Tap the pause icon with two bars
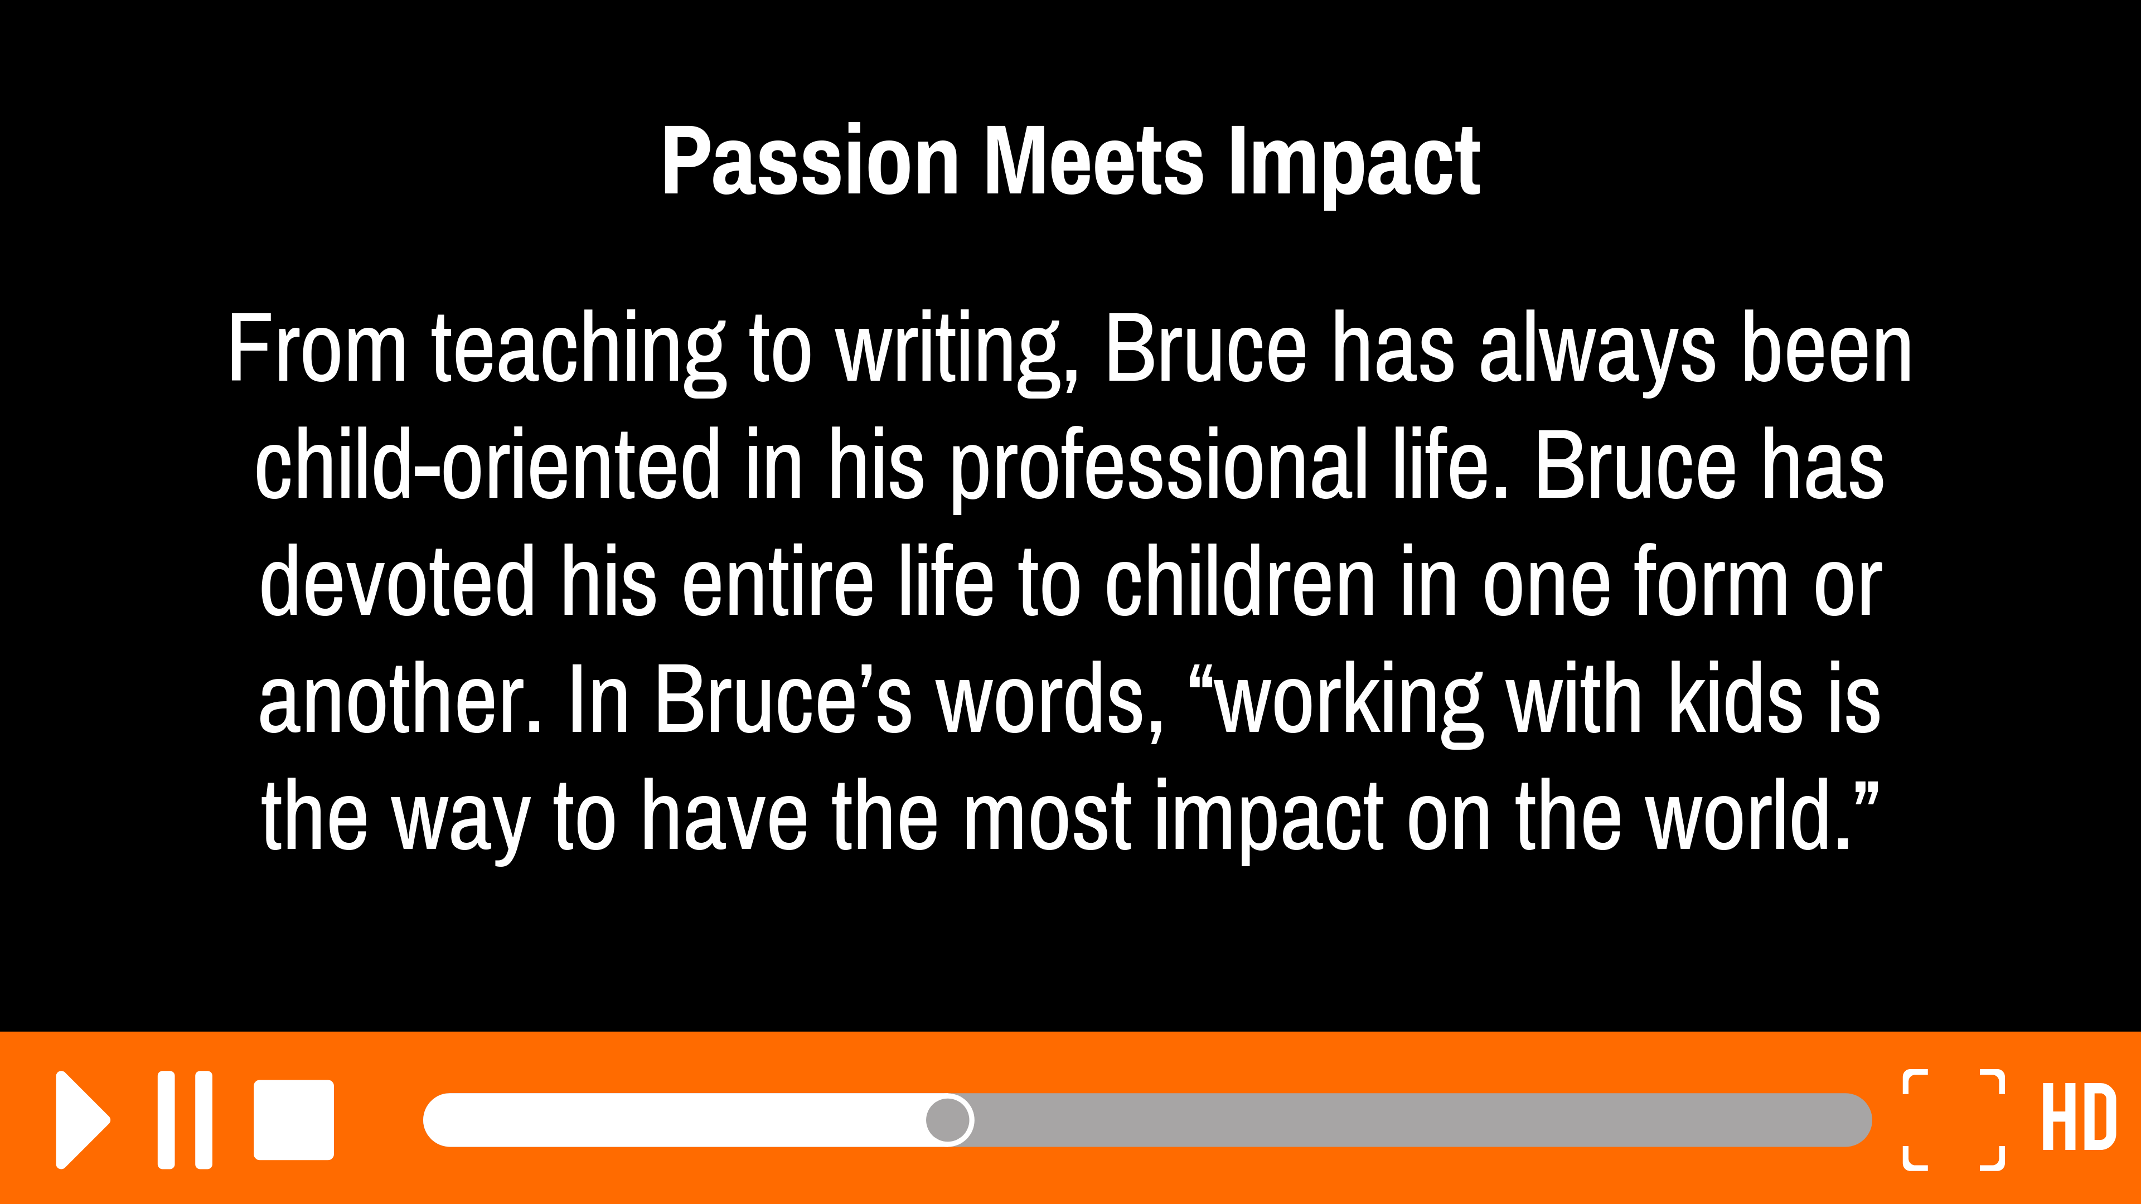pos(185,1120)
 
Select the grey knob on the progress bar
pos(948,1120)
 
